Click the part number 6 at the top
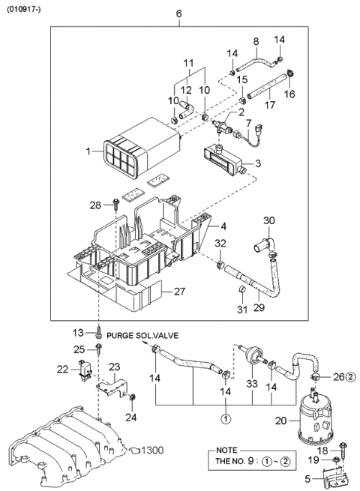178,14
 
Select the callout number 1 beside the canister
88,152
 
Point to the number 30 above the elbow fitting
268,220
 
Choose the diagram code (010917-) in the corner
25,8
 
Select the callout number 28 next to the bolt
95,205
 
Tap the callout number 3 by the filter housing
258,163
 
